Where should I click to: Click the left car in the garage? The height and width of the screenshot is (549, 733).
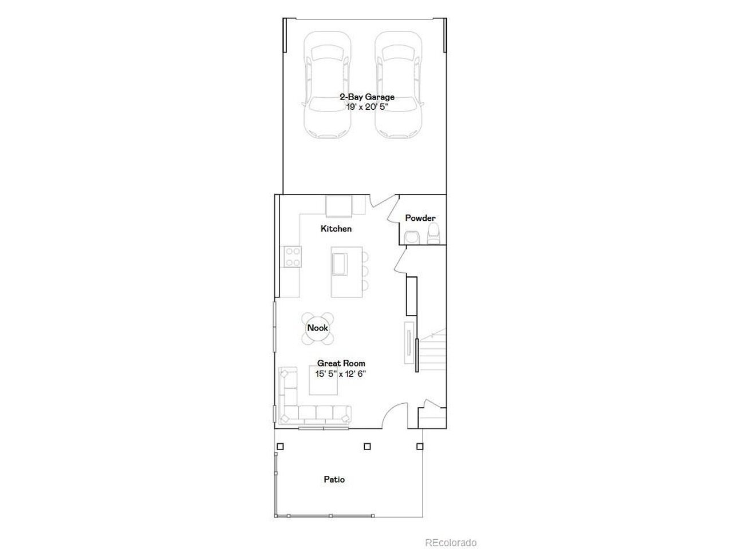coord(327,85)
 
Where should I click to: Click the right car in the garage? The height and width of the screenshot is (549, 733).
coord(399,85)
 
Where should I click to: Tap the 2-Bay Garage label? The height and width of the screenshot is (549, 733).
coord(367,97)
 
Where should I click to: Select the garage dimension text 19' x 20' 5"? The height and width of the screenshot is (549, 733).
coord(367,107)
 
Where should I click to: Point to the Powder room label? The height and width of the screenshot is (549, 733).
coord(420,218)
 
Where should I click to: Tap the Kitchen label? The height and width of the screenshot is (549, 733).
coord(336,229)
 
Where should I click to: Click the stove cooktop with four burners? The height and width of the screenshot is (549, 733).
coord(293,256)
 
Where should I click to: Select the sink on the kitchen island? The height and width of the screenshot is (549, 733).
coord(340,264)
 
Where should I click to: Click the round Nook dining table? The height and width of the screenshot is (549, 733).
coord(318,328)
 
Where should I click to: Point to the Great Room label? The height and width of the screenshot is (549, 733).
coord(341,363)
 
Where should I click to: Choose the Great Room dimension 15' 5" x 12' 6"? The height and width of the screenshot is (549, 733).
coord(341,374)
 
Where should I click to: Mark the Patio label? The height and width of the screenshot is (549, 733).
coord(334,479)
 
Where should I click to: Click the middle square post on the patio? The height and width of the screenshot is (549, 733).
coord(367,446)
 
